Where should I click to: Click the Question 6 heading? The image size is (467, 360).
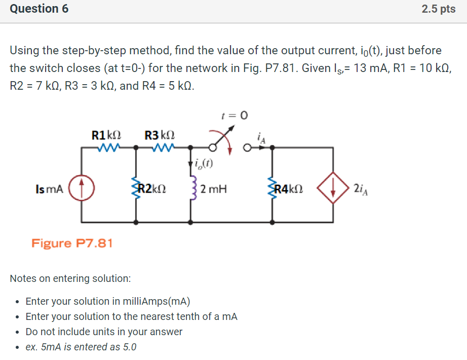(40, 9)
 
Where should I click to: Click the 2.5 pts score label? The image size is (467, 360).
(439, 9)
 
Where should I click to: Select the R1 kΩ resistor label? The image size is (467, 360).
(106, 135)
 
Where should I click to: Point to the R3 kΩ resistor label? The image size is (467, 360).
(160, 135)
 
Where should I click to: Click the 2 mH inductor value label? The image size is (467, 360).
(213, 189)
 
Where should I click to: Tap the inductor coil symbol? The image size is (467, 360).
(191, 189)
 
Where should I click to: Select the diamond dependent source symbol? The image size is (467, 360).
(332, 189)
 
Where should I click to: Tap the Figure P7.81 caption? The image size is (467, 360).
(72, 243)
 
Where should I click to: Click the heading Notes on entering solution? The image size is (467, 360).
(70, 278)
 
